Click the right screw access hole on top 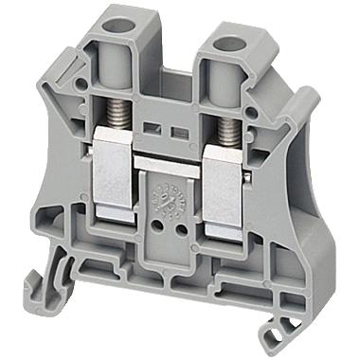tap(228, 44)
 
